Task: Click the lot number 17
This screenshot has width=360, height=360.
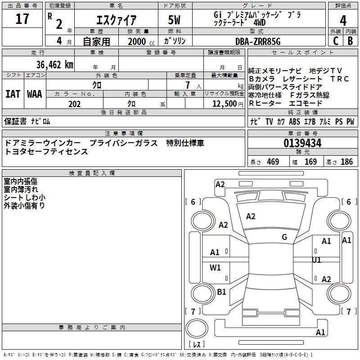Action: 22,19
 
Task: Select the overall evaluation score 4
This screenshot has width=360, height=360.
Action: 343,21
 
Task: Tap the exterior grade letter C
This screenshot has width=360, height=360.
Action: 336,40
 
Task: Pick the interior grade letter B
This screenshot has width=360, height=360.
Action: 351,40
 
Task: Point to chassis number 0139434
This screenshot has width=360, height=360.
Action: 302,144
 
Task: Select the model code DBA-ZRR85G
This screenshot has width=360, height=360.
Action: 258,41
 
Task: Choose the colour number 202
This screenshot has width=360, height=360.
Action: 74,104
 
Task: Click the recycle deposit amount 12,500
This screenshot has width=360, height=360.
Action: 224,104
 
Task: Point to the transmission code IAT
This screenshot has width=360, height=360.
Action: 13,94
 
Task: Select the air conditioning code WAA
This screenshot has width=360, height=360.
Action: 34,94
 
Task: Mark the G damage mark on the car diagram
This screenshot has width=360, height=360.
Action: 284,237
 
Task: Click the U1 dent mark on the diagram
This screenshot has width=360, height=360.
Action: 317,260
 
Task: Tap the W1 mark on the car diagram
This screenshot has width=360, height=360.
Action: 216,268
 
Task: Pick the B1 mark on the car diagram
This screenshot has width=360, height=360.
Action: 221,292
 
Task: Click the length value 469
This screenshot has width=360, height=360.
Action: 273,162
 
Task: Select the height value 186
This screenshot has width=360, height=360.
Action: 346,162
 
